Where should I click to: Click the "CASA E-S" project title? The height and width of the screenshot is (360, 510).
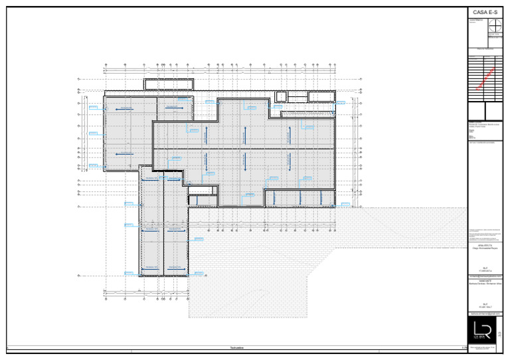[488, 13]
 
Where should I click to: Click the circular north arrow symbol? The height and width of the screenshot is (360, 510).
[494, 26]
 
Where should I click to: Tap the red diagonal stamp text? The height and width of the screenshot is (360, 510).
[485, 78]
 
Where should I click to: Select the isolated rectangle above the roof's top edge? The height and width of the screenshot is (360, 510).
[169, 84]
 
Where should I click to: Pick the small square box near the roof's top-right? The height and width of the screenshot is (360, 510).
[281, 96]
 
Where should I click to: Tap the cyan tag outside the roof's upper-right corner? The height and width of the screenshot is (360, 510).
[341, 103]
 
